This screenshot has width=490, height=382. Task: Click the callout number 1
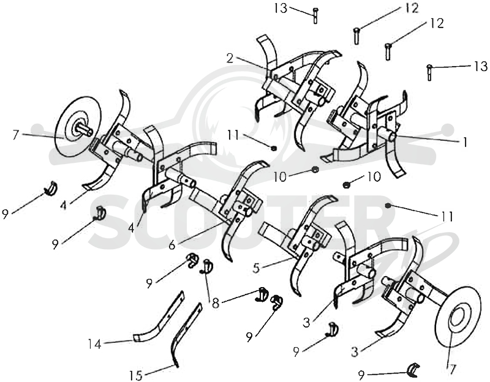pyautogui.click(x=466, y=143)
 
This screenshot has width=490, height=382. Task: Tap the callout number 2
pyautogui.click(x=230, y=58)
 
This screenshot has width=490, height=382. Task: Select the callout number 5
pyautogui.click(x=256, y=268)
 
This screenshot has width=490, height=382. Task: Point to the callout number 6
pyautogui.click(x=172, y=245)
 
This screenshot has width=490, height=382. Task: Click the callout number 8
pyautogui.click(x=216, y=303)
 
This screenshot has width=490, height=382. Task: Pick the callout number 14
pyautogui.click(x=95, y=344)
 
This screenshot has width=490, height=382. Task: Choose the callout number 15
pyautogui.click(x=136, y=375)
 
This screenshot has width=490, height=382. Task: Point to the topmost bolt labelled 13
pyautogui.click(x=315, y=16)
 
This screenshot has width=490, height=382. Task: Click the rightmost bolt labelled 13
pyautogui.click(x=429, y=72)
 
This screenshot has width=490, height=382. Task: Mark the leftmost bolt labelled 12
pyautogui.click(x=356, y=36)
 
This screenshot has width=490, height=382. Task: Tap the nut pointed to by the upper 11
pyautogui.click(x=273, y=148)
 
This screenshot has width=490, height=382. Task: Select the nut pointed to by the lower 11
pyautogui.click(x=388, y=206)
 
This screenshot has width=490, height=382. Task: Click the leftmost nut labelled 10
pyautogui.click(x=315, y=170)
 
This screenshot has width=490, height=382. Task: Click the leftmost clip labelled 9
pyautogui.click(x=51, y=188)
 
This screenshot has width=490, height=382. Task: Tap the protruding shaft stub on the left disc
pyautogui.click(x=85, y=129)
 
